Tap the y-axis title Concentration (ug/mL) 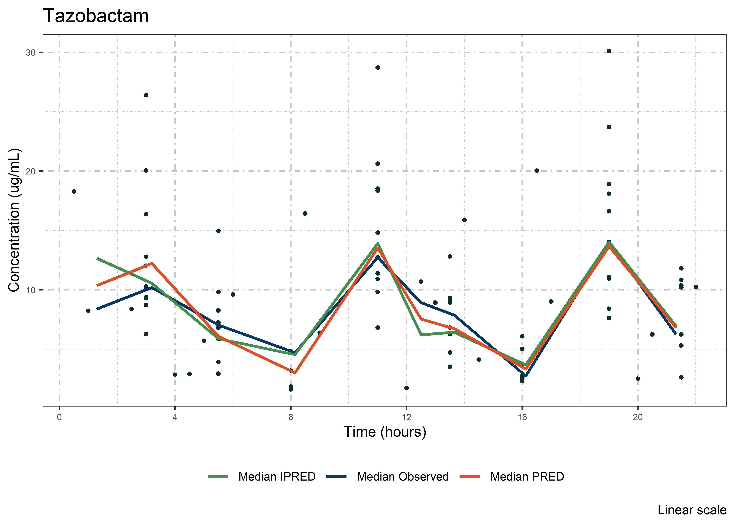point(14,220)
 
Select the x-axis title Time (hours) point(385,432)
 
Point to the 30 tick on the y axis point(30,52)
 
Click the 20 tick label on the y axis point(30,171)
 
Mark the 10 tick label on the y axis point(30,290)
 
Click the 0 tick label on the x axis point(59,417)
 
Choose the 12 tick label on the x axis point(406,417)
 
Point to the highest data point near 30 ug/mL point(609,51)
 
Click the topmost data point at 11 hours point(377,68)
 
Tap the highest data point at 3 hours point(146,95)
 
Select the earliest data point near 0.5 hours point(74,191)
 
